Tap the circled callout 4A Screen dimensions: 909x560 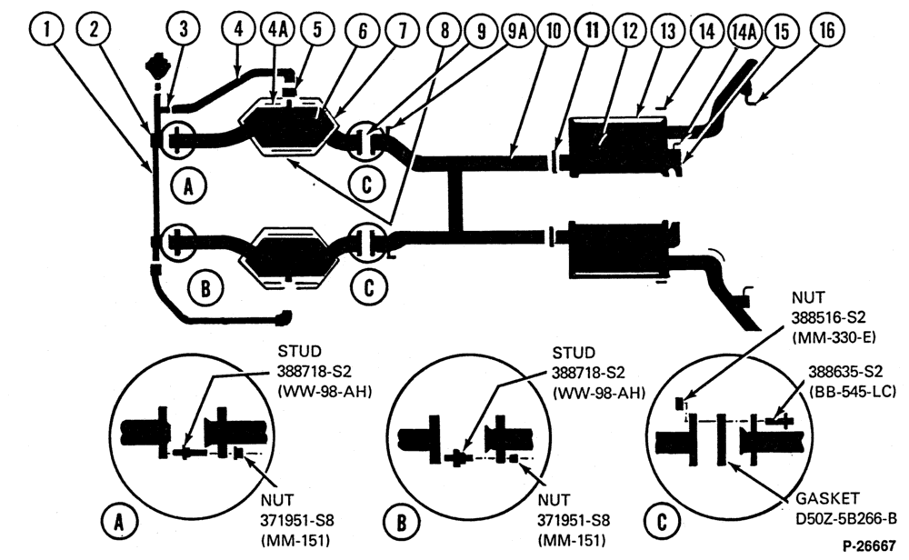278,30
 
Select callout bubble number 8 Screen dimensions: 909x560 445,30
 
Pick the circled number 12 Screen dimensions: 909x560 630,30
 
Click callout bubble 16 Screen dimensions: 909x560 827,30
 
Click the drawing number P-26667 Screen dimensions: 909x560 869,546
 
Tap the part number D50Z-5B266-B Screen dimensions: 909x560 845,518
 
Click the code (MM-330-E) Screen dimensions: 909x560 834,336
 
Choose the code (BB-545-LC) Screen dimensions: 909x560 853,391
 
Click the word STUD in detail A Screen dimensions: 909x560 299,351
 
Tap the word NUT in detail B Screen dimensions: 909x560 554,500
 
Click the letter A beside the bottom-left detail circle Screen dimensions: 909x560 119,523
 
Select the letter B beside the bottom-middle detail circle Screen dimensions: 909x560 401,523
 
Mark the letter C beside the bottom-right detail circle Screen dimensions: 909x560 662,522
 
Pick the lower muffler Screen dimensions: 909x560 618,249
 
